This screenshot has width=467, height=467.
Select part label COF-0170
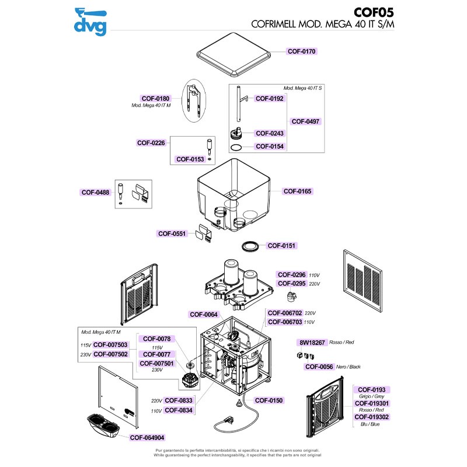click(301, 51)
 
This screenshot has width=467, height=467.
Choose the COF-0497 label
click(305, 121)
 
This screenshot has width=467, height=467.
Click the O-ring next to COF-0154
click(236, 147)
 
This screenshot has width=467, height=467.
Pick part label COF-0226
click(151, 142)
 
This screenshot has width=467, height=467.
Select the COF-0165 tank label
click(297, 191)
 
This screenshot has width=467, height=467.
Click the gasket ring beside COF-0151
click(250, 246)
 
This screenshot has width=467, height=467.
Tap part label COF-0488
click(95, 191)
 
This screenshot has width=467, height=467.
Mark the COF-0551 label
click(172, 233)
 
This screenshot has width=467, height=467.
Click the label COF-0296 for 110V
click(291, 274)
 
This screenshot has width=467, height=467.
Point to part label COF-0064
click(203, 315)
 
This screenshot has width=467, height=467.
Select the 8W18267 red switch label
click(312, 342)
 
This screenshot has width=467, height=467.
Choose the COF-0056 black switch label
click(319, 367)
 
